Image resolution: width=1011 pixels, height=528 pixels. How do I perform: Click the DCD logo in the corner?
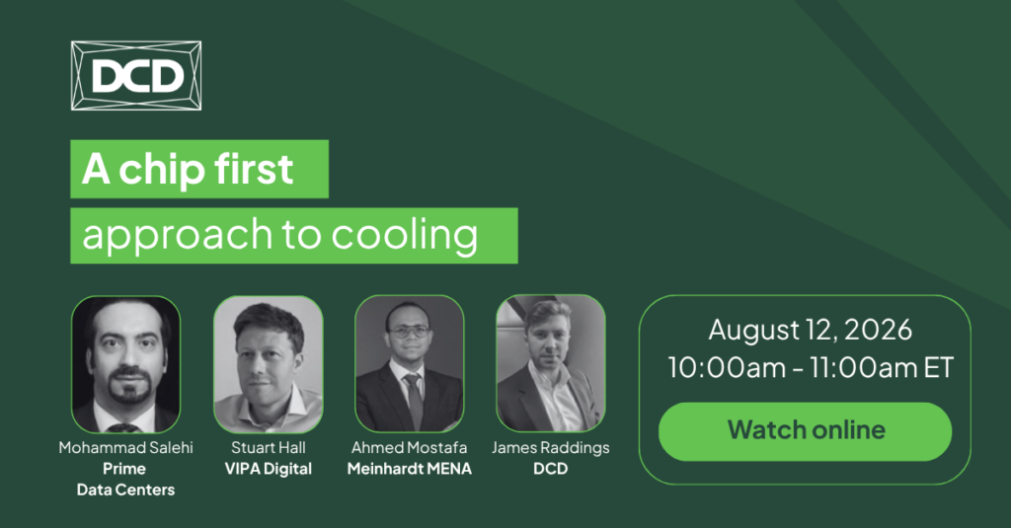tap(136, 75)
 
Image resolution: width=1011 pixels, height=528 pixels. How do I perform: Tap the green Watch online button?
tap(805, 430)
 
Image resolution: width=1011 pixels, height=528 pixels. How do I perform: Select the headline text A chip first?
tap(188, 169)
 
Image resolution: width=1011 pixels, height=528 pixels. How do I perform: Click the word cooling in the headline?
tap(404, 235)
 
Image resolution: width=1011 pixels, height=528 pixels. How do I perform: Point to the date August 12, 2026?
tap(811, 330)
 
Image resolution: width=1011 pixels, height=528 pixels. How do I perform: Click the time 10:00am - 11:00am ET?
tap(811, 367)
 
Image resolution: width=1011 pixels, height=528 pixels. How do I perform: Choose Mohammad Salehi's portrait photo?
tap(125, 364)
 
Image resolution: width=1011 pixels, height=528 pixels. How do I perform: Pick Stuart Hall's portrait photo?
tap(269, 364)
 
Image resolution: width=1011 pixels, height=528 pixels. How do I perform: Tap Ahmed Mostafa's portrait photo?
tap(410, 363)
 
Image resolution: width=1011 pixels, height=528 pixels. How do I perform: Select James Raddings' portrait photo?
tap(551, 363)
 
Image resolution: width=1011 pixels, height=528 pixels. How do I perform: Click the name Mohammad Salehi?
tap(125, 447)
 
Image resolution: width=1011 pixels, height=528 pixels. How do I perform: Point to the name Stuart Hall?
tap(269, 447)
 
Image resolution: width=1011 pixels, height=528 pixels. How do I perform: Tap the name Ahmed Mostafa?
tap(410, 447)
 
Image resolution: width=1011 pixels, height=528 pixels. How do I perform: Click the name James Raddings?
tap(551, 448)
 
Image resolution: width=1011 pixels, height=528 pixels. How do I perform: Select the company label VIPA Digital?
tap(269, 469)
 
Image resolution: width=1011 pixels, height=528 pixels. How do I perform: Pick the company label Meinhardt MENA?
tap(410, 469)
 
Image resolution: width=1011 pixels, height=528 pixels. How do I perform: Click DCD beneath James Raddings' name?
tap(551, 469)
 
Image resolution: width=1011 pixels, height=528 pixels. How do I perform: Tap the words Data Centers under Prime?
tap(125, 490)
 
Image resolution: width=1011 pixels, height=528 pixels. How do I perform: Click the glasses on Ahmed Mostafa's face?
tap(409, 332)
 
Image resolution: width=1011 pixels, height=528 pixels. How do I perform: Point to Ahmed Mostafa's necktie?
tap(415, 399)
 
